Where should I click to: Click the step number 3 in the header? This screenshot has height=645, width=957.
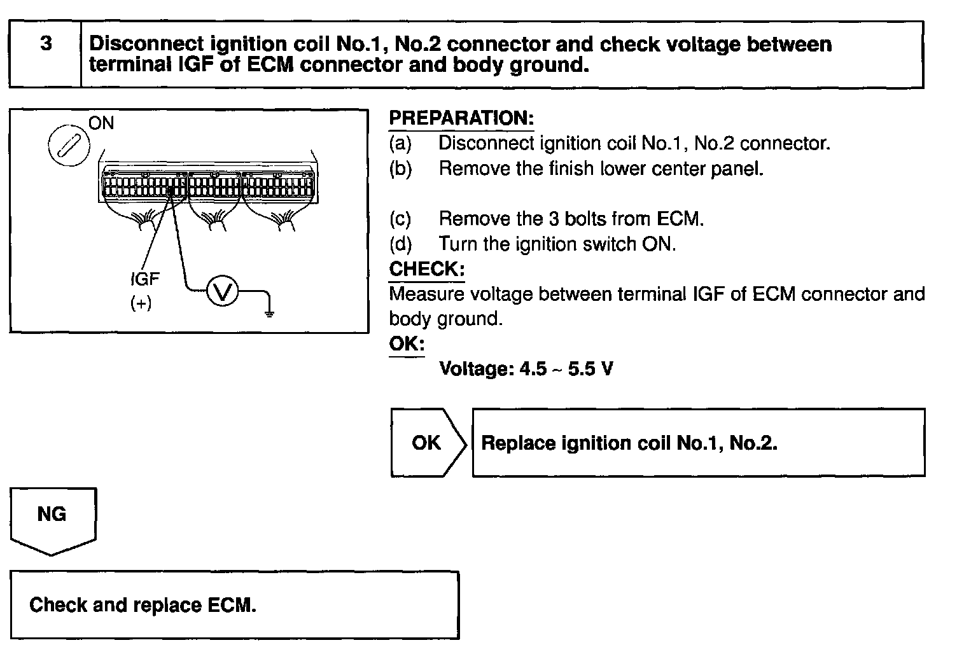[46, 44]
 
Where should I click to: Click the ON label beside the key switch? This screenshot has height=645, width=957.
[101, 123]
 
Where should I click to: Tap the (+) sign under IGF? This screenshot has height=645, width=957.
[141, 303]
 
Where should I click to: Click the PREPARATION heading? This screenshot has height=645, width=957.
[461, 118]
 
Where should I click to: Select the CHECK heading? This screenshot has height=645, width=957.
[426, 268]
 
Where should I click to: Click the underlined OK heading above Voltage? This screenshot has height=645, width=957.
[406, 344]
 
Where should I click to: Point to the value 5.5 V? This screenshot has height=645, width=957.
[590, 369]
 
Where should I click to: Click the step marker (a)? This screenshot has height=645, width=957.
[400, 143]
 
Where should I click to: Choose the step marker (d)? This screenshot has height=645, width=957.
[400, 244]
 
